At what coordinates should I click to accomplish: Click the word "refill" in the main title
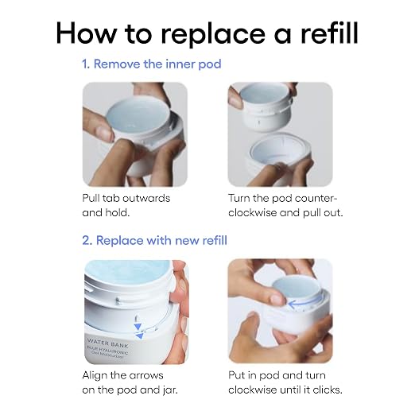click(x=329, y=33)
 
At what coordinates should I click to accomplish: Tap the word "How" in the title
click(x=86, y=33)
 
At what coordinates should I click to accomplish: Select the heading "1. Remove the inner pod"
click(x=152, y=64)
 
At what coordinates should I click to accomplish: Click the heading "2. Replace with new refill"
click(x=154, y=240)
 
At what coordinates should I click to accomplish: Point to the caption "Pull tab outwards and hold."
click(x=126, y=205)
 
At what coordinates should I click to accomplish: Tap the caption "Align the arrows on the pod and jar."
click(x=130, y=382)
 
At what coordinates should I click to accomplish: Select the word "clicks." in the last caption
click(x=328, y=390)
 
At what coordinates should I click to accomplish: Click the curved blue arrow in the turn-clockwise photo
click(x=304, y=303)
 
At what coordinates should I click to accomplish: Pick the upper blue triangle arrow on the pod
click(x=138, y=327)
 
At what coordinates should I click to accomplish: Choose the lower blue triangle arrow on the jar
click(x=139, y=336)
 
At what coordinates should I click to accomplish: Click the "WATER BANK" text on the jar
click(x=107, y=343)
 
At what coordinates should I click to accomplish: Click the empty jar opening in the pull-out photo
click(x=278, y=149)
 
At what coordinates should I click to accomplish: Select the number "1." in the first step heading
click(x=86, y=64)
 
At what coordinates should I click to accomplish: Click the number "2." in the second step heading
click(x=87, y=240)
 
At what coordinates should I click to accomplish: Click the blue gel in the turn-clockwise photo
click(x=296, y=289)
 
